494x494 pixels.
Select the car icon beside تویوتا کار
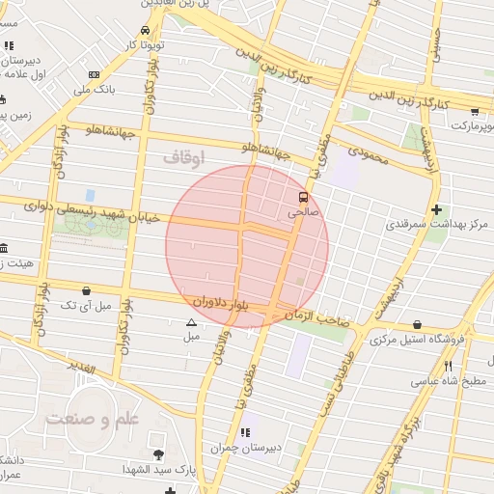[145, 30]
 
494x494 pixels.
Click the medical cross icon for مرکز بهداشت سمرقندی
[437, 208]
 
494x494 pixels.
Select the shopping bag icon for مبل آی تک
[87, 289]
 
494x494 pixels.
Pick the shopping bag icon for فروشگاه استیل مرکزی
[416, 324]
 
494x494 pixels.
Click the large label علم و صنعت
[94, 419]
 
